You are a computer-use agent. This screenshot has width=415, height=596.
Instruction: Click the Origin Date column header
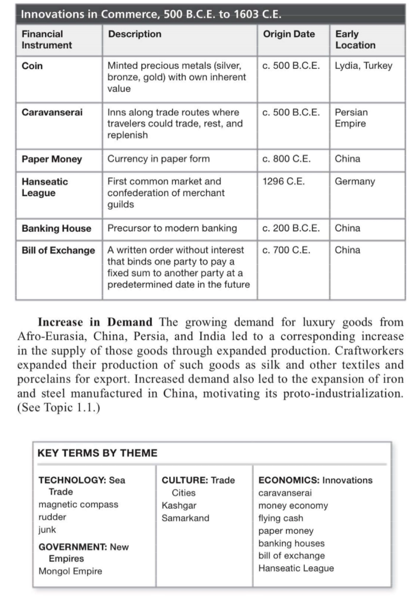tap(289, 34)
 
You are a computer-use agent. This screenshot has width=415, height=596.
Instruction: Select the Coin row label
tap(32, 66)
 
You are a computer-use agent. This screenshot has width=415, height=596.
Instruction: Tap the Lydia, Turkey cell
tap(363, 66)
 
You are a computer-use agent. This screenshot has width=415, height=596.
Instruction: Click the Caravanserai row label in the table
tap(52, 112)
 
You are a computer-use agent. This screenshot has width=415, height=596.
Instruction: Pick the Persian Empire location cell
tap(351, 118)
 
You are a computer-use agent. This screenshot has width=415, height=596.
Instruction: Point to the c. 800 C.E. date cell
tap(286, 159)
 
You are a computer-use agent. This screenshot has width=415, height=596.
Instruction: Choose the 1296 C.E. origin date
tap(283, 181)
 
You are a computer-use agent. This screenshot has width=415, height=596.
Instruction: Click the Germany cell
tap(355, 181)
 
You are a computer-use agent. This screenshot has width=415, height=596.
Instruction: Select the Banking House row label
tap(56, 228)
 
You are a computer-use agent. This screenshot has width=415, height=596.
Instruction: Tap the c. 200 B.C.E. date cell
tap(291, 228)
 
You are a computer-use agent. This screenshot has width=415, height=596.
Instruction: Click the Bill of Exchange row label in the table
tap(58, 250)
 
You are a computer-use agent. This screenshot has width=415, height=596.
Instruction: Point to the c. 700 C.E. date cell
tap(286, 250)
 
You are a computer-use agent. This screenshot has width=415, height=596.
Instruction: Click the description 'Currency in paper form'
tap(159, 159)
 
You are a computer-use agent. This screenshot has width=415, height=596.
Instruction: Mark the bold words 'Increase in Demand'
tap(95, 322)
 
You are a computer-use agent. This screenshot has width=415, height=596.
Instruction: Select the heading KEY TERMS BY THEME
tap(97, 453)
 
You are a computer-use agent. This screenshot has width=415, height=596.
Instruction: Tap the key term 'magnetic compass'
tap(78, 504)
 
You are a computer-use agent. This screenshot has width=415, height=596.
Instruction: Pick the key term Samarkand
tap(185, 518)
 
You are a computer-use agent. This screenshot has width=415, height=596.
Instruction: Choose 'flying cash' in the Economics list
tap(281, 518)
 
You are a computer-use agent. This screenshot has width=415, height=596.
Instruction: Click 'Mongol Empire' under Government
tap(70, 571)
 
